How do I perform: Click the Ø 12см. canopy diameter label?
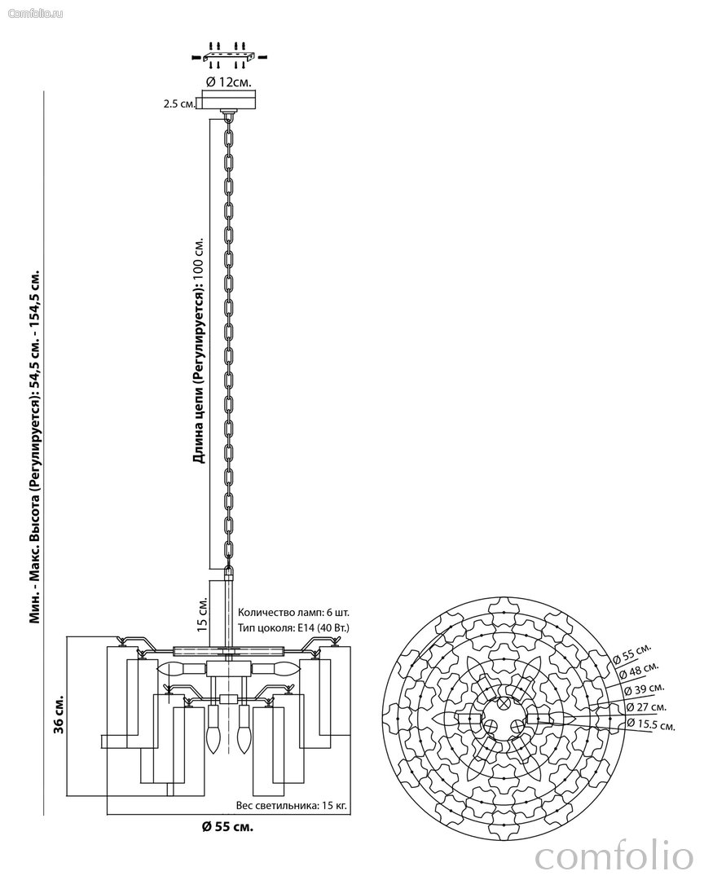[228, 81]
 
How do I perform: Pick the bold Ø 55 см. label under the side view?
[227, 827]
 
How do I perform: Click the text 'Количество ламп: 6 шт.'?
[293, 612]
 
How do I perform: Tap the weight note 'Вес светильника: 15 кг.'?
[291, 805]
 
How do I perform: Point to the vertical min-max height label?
[35, 444]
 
